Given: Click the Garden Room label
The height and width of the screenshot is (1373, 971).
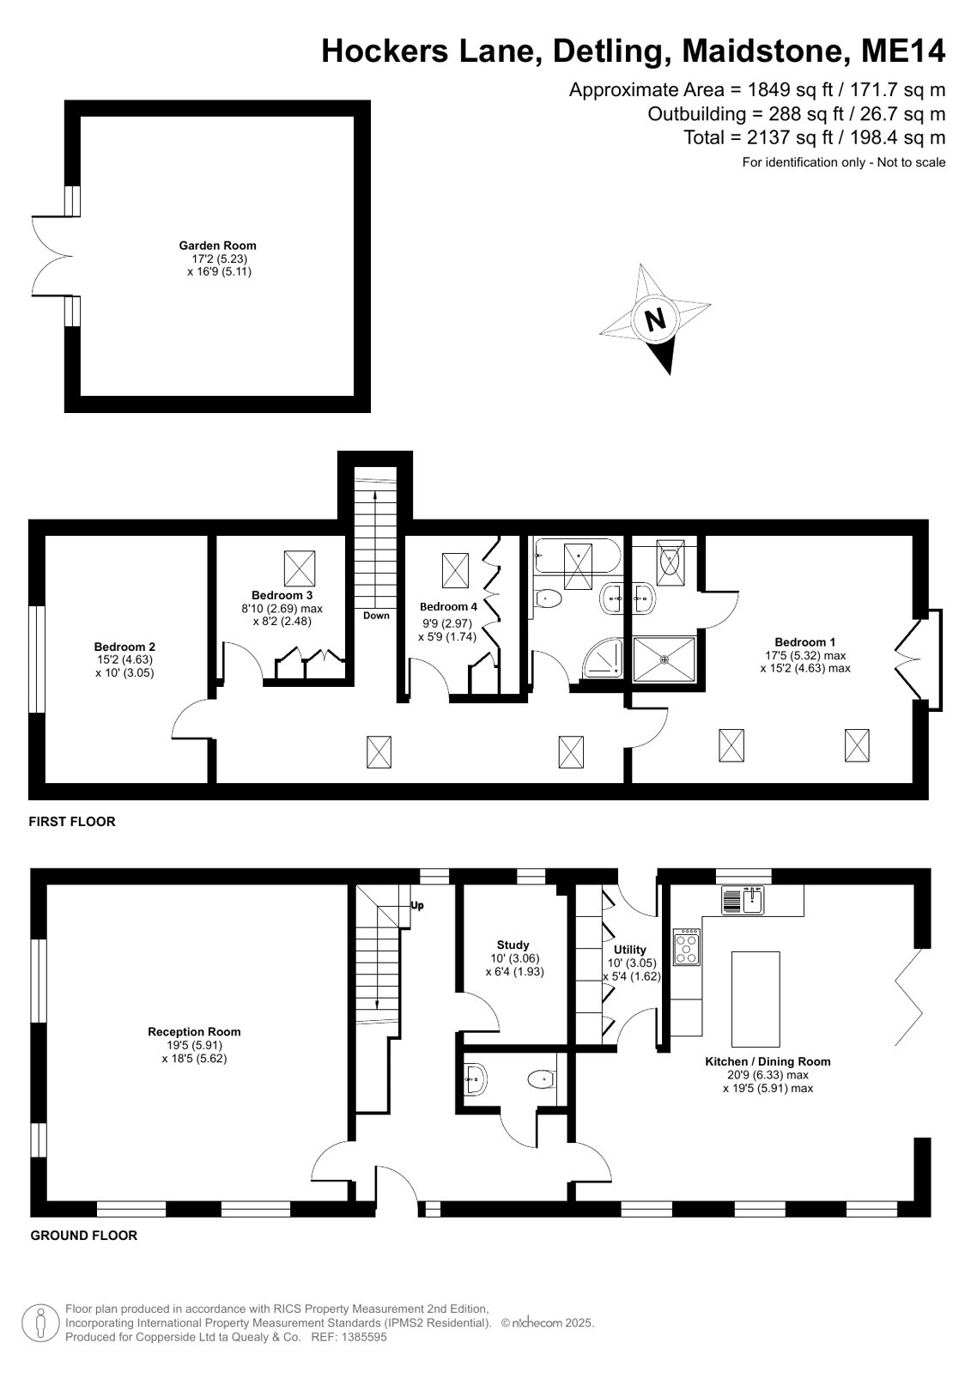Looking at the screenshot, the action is click(x=217, y=246).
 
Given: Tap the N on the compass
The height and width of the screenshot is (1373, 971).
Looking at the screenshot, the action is click(x=655, y=319).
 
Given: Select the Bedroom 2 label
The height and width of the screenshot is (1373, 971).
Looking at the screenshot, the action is click(x=124, y=646).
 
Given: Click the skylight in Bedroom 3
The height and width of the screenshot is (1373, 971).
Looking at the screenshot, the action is click(x=299, y=568).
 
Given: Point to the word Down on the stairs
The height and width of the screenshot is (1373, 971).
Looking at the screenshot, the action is click(x=376, y=616).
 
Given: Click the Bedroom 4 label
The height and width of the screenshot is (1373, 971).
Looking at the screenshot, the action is click(x=448, y=606).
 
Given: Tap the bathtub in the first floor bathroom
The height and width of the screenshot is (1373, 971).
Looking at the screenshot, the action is click(x=577, y=556).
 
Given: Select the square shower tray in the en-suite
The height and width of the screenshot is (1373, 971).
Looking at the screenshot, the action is click(x=665, y=659).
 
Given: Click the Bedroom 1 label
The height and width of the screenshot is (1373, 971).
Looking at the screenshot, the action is click(x=805, y=641).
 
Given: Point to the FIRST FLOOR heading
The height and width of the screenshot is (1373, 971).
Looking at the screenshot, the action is click(x=72, y=822).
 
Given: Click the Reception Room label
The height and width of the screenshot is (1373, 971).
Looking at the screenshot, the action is click(x=194, y=1031).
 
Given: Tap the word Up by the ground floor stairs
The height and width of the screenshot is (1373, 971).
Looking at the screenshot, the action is click(x=417, y=905).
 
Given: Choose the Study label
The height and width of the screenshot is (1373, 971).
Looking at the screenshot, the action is click(x=513, y=945).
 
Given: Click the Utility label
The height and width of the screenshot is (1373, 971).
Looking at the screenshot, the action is click(x=630, y=949).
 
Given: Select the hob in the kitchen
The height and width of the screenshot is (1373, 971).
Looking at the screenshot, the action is click(x=687, y=947).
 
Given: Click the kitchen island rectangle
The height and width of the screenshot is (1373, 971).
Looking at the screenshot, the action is click(x=756, y=999).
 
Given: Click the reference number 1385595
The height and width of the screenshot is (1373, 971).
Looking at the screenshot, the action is click(x=364, y=1337).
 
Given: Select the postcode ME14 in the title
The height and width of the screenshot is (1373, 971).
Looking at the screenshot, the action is click(x=903, y=51).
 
